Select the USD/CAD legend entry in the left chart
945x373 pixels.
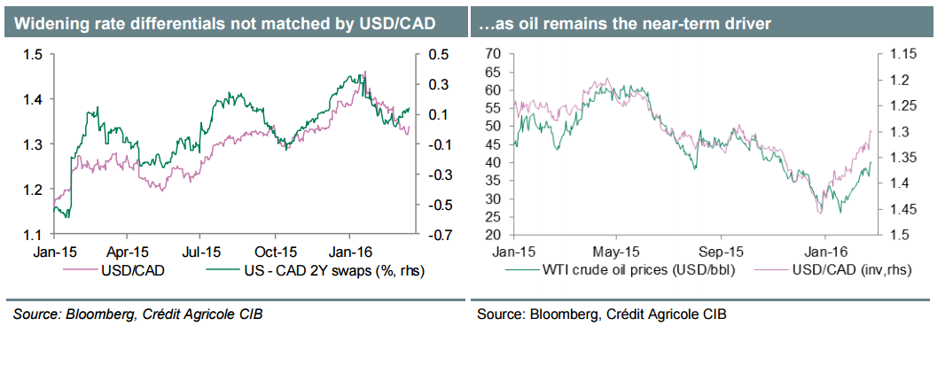[x=133, y=270]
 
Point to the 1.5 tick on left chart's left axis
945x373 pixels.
[x=34, y=55]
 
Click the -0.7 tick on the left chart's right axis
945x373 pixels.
[x=434, y=235]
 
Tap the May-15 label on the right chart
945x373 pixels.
[x=616, y=252]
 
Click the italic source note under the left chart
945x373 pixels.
[x=137, y=314]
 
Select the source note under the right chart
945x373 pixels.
[x=602, y=314]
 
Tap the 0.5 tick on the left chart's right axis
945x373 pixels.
[x=435, y=55]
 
